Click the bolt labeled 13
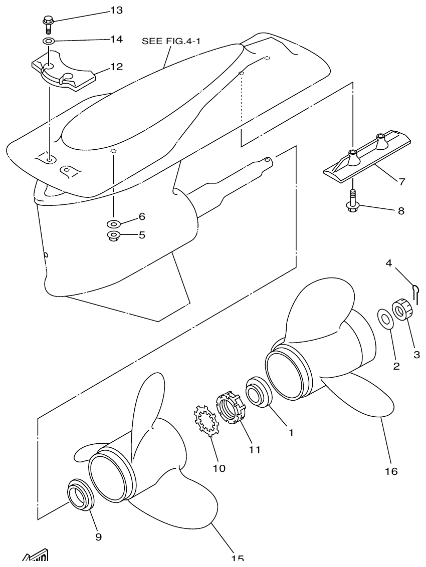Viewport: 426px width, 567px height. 48,24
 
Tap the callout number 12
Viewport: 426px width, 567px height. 116,66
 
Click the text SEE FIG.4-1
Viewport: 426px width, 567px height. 171,41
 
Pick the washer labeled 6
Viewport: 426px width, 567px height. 113,222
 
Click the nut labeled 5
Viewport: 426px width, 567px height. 113,235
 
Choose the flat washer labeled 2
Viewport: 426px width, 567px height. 384,319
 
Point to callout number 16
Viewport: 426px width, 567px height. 391,471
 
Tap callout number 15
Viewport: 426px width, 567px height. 238,558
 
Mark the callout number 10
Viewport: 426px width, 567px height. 219,468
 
